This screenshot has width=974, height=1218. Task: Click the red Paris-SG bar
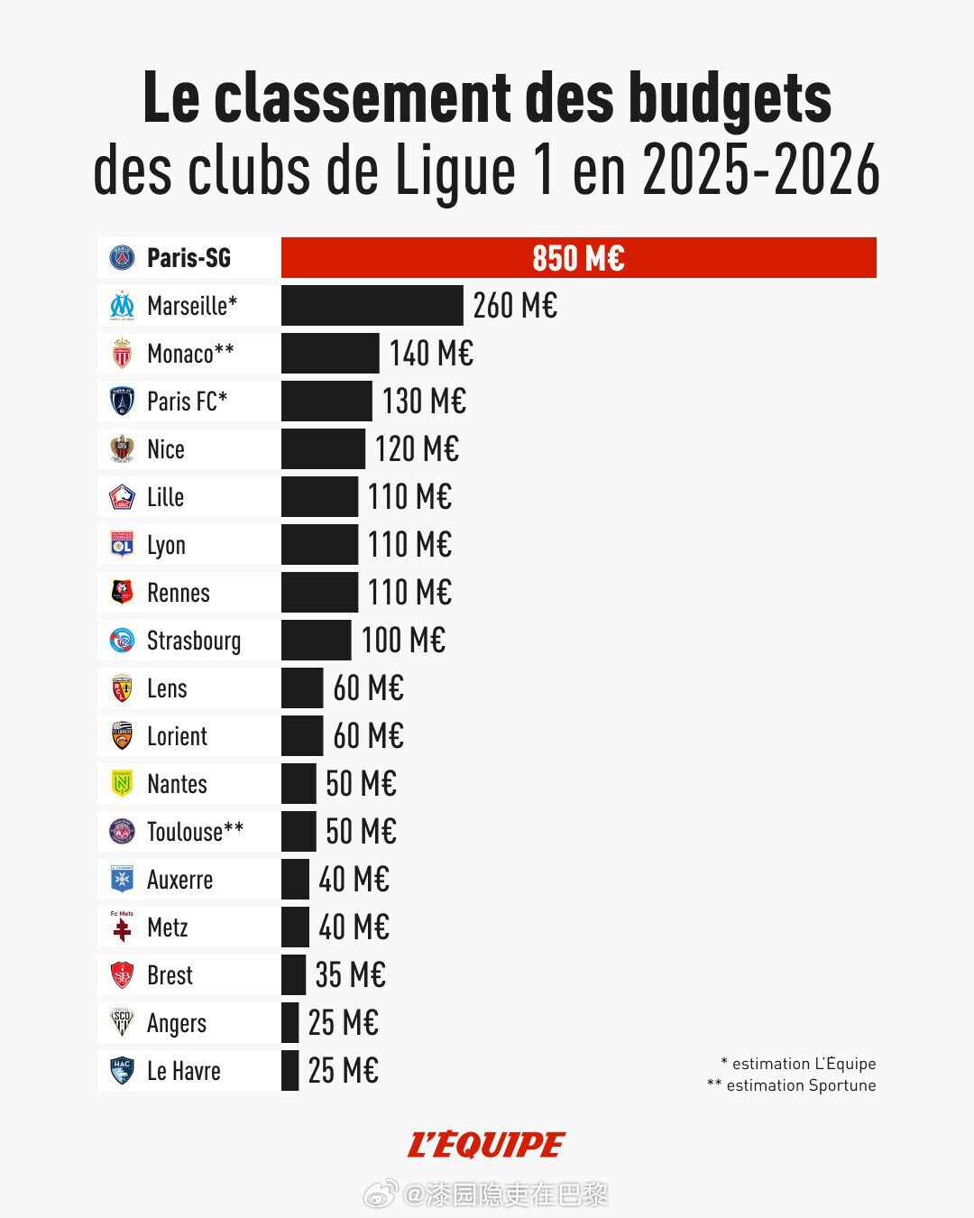point(578,258)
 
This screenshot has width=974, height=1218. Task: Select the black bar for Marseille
point(372,306)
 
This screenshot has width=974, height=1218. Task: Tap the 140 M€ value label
point(431,354)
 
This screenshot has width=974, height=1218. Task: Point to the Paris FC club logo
point(122,401)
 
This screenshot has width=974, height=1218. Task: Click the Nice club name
point(166,449)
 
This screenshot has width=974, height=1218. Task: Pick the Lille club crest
point(122,497)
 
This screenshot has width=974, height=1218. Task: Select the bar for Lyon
point(319,545)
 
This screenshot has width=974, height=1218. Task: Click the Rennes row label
point(179,593)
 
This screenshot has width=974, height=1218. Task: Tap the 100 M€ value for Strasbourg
point(403,641)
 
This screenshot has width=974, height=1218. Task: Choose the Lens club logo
point(122,688)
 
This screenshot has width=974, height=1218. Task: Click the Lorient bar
point(302,736)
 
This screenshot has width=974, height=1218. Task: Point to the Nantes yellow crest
point(122,784)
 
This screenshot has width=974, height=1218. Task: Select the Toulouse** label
point(195,832)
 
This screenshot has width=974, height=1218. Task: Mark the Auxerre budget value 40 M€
point(354,880)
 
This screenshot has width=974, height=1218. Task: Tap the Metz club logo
point(122,927)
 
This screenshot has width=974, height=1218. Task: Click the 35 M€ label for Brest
point(350,975)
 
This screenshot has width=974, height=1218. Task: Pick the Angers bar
point(289,1023)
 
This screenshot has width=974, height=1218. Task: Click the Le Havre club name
point(184,1071)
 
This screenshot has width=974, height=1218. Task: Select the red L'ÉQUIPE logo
point(486,1145)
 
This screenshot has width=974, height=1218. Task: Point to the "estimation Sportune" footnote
point(792,1085)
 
